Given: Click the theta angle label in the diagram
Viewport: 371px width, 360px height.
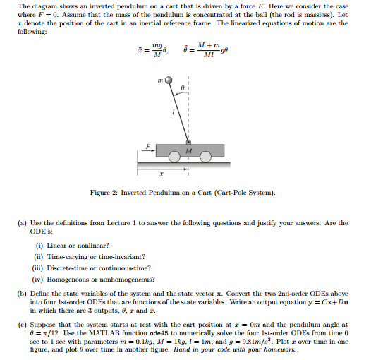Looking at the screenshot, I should click(183, 88).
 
